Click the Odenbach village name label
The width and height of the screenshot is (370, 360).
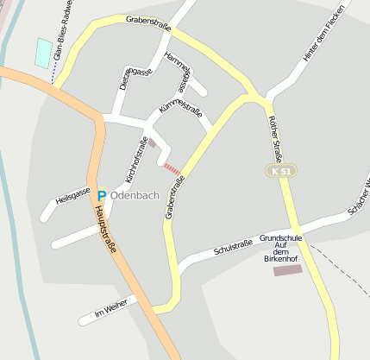click(135, 195)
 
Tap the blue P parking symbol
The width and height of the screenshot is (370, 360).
click(102, 196)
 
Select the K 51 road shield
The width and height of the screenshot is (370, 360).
click(278, 172)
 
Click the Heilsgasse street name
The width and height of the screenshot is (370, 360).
click(72, 195)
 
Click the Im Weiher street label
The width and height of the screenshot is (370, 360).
click(111, 307)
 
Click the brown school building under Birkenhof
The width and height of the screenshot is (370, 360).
click(287, 270)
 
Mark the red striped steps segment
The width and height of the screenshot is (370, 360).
click(172, 169)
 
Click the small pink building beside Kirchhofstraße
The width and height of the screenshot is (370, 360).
click(153, 144)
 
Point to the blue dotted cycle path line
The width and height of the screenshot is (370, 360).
click(53, 79)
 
